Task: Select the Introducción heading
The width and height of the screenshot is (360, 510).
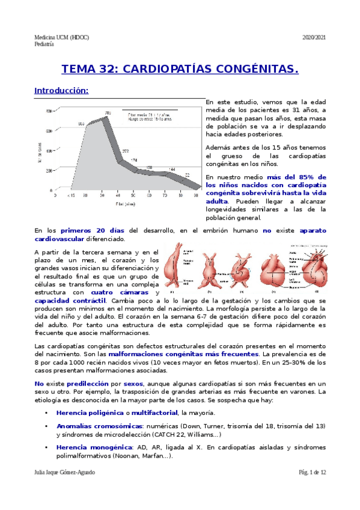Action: click(61, 91)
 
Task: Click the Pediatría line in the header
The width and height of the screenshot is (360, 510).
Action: click(44, 44)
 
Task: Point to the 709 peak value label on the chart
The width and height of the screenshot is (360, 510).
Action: click(108, 113)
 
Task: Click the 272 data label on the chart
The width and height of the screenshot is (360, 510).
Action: click(126, 152)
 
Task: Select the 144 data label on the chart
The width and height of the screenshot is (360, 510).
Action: click(172, 170)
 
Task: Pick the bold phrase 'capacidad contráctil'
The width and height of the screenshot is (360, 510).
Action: click(70, 301)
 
